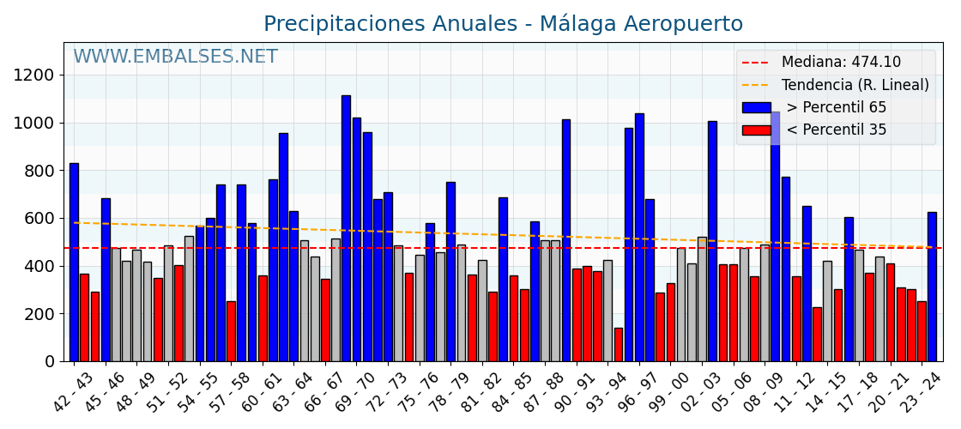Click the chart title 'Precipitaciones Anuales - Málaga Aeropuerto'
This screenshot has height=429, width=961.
(x=503, y=24)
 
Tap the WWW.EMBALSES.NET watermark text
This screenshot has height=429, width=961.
(x=175, y=57)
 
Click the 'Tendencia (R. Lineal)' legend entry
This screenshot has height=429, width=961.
(x=855, y=85)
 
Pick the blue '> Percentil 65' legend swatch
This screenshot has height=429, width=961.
(x=756, y=108)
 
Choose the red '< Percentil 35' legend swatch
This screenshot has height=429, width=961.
(x=756, y=130)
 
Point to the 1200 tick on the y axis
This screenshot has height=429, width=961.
(x=33, y=76)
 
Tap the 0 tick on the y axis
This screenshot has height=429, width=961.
(x=50, y=362)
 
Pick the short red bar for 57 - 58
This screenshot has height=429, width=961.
(x=231, y=331)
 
